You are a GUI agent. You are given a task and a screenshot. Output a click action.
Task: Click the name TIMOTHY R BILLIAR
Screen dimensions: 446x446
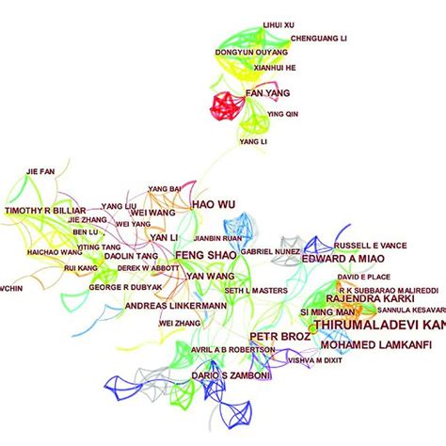pos(45,211)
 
